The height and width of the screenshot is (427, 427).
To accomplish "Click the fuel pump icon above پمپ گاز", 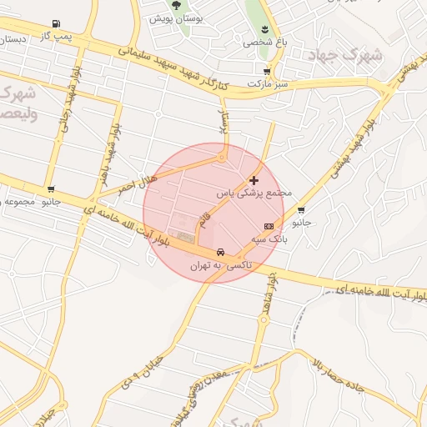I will pos(56,23).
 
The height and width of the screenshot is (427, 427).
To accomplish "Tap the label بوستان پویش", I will pos(172,18).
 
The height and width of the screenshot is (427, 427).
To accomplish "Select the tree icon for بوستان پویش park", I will pos(175,6).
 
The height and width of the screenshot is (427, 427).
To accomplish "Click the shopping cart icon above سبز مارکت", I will pos(266,72).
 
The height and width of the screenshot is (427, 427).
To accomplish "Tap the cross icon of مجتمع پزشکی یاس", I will pos(254,179).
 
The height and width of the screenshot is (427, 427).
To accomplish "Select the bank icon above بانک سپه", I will pos(269,226).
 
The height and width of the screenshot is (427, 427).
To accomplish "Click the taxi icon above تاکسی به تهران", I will pos(219,252).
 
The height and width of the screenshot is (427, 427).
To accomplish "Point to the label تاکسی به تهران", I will pos(219,265).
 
